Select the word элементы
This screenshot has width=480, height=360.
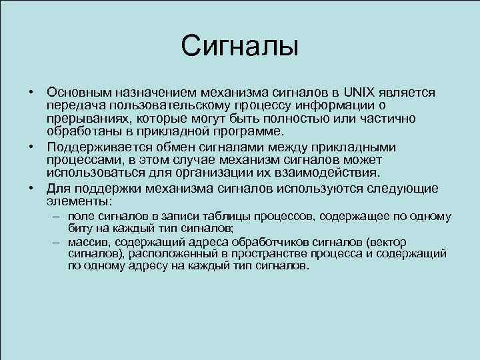click(79, 200)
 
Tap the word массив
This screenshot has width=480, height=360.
click(87, 242)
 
